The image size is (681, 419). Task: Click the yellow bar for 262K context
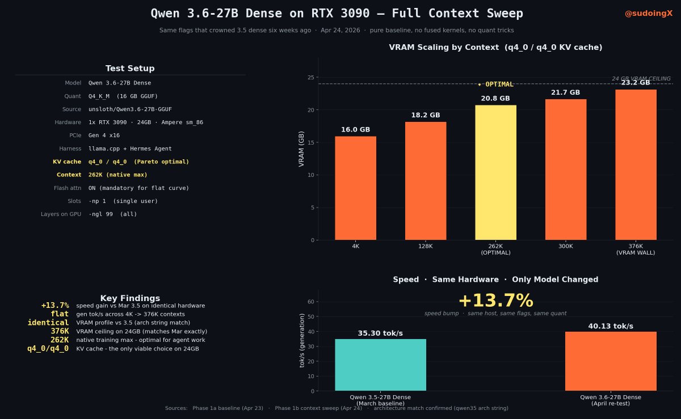click(x=495, y=172)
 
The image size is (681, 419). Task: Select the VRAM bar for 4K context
click(x=355, y=188)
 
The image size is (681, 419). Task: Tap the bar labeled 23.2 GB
click(x=636, y=164)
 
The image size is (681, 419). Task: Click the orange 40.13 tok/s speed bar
click(x=611, y=361)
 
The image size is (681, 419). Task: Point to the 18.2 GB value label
click(x=426, y=115)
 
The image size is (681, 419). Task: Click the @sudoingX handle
click(x=649, y=13)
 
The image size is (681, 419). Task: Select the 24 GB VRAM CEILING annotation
click(x=641, y=79)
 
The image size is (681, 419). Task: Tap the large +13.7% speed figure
click(x=495, y=301)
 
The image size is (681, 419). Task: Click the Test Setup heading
click(x=130, y=69)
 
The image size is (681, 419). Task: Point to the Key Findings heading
click(x=130, y=298)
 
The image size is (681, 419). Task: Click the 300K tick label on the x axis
click(x=565, y=247)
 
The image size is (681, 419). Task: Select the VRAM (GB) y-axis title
click(x=302, y=149)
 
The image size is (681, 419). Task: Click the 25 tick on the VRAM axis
click(x=311, y=77)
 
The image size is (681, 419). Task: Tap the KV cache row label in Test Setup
click(x=67, y=162)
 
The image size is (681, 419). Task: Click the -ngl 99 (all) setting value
click(x=112, y=214)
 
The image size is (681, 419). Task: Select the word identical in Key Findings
click(x=48, y=323)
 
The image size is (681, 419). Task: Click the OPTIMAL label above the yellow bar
click(x=496, y=84)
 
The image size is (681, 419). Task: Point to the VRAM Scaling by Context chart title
click(x=495, y=48)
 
